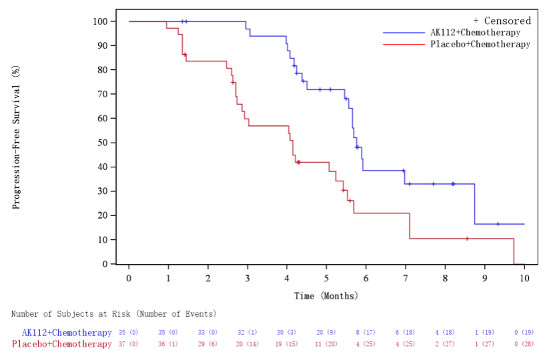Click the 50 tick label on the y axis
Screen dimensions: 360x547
(103, 143)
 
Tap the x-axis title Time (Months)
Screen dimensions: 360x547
(326, 295)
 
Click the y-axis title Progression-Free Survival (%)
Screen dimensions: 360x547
(16, 142)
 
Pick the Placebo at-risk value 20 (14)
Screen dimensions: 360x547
(247, 344)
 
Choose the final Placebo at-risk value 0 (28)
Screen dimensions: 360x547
(524, 344)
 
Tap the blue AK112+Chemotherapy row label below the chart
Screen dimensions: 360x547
(67, 333)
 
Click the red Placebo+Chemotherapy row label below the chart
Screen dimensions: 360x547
(62, 344)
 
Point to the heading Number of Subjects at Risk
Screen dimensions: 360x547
(114, 313)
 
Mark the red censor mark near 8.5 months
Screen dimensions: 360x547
(467, 239)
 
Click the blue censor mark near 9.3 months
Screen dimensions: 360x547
(498, 224)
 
